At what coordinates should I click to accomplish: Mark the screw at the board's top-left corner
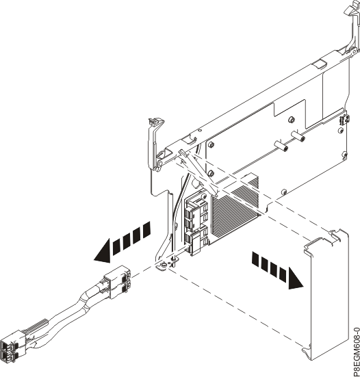[x=211, y=145]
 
